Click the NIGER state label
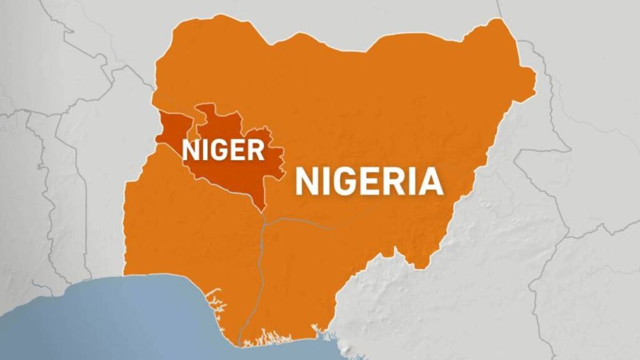(x=222, y=151)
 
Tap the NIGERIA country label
(x=369, y=182)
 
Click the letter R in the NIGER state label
(x=255, y=151)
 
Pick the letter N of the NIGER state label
(x=191, y=151)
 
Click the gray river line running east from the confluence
(x=312, y=220)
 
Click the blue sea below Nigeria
(x=125, y=319)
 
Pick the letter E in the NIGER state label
(x=238, y=151)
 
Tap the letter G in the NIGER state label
(x=218, y=151)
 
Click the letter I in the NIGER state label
(x=204, y=151)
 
